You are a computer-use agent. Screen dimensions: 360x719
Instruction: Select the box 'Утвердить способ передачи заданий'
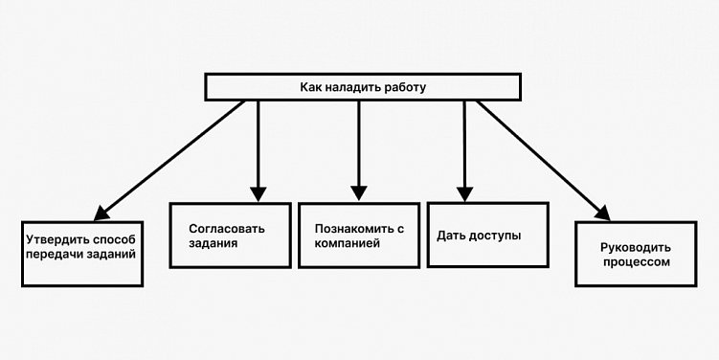82,254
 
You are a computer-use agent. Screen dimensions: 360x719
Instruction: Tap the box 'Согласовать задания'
231,235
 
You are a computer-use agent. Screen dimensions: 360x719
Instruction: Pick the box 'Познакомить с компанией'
358,235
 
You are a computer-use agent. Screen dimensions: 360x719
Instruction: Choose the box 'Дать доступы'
486,234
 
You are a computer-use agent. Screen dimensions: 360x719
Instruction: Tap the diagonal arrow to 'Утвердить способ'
172,159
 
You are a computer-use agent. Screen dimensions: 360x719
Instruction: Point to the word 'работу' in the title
403,87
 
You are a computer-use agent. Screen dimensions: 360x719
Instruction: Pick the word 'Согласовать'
226,228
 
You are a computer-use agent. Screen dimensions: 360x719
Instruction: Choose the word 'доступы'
496,235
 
